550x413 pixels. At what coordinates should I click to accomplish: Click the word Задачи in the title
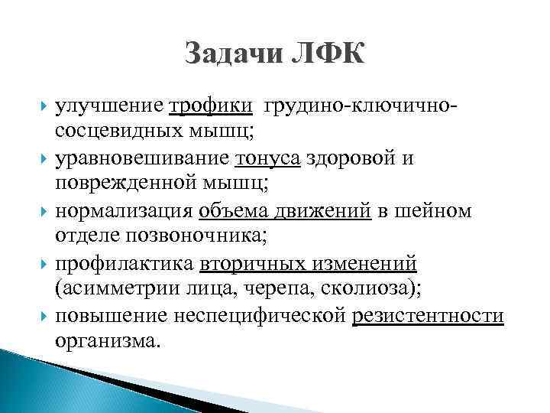pos(230,56)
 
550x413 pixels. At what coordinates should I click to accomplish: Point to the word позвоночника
pos(200,236)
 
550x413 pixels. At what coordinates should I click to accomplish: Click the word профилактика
pos(125,263)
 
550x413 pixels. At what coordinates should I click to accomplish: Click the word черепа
pos(293,289)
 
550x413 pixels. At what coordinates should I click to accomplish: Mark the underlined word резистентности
pos(429,316)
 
